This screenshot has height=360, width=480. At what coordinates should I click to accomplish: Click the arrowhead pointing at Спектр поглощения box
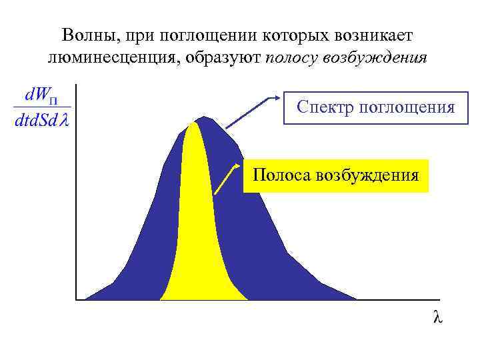tap(276, 98)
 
